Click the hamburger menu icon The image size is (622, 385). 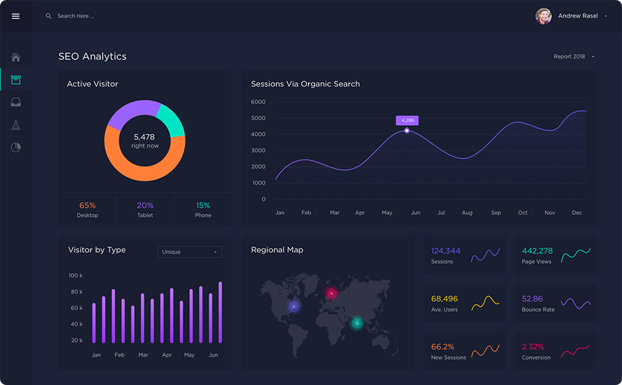16,16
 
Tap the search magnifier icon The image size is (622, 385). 49,16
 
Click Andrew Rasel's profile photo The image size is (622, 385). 543,16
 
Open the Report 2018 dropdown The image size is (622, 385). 574,56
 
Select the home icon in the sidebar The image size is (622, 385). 16,57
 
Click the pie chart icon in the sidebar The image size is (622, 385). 16,148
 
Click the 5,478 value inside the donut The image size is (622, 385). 144,137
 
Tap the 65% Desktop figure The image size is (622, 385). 87,205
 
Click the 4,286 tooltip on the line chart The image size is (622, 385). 407,120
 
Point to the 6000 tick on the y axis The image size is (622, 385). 258,102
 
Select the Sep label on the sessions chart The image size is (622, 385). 496,212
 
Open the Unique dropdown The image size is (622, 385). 189,252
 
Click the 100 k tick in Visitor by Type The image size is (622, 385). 76,275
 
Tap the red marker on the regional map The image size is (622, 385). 332,294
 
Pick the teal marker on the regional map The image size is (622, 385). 357,323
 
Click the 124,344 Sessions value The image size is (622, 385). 446,251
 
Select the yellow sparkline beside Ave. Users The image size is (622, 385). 485,303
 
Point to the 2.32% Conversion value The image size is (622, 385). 533,346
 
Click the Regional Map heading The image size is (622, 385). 277,250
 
